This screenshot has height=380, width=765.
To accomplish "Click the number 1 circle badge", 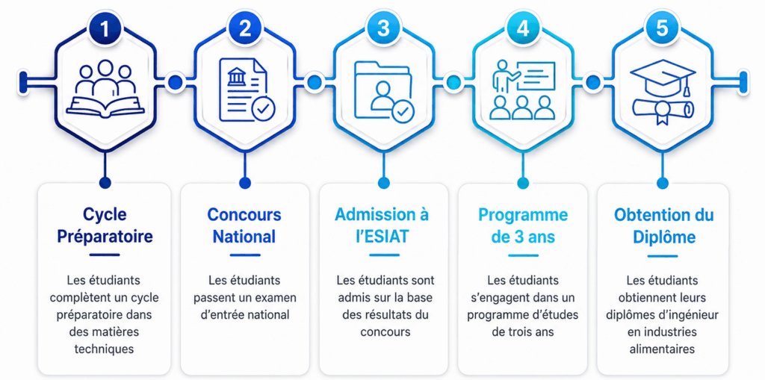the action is pyautogui.click(x=105, y=29).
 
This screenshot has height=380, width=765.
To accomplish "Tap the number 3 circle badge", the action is pyautogui.click(x=383, y=29).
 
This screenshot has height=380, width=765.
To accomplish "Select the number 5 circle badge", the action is pyautogui.click(x=662, y=29).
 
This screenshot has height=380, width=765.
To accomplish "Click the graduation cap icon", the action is pyautogui.click(x=663, y=78).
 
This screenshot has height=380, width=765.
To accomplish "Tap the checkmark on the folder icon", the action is pyautogui.click(x=403, y=112).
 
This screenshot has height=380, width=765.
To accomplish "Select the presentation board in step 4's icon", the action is pyautogui.click(x=536, y=75).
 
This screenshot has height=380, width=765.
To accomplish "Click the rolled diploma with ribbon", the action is pyautogui.click(x=663, y=110).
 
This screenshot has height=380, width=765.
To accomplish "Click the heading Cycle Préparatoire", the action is pyautogui.click(x=105, y=225).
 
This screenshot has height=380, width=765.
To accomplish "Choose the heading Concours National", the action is pyautogui.click(x=244, y=225).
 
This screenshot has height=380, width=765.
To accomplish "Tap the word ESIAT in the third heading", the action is pyautogui.click(x=385, y=237).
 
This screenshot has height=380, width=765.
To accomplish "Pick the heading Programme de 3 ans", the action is pyautogui.click(x=523, y=225).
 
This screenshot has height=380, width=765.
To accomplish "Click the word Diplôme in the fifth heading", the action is pyautogui.click(x=663, y=237).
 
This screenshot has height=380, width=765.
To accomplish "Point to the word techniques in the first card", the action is pyautogui.click(x=104, y=349).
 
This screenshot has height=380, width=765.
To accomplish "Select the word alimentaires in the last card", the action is pyautogui.click(x=662, y=349).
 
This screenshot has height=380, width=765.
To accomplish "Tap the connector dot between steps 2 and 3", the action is pyautogui.click(x=314, y=81).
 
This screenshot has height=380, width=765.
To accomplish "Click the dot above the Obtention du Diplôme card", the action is pyautogui.click(x=662, y=183).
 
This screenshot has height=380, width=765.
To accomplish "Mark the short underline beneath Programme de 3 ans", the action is pyautogui.click(x=524, y=255).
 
